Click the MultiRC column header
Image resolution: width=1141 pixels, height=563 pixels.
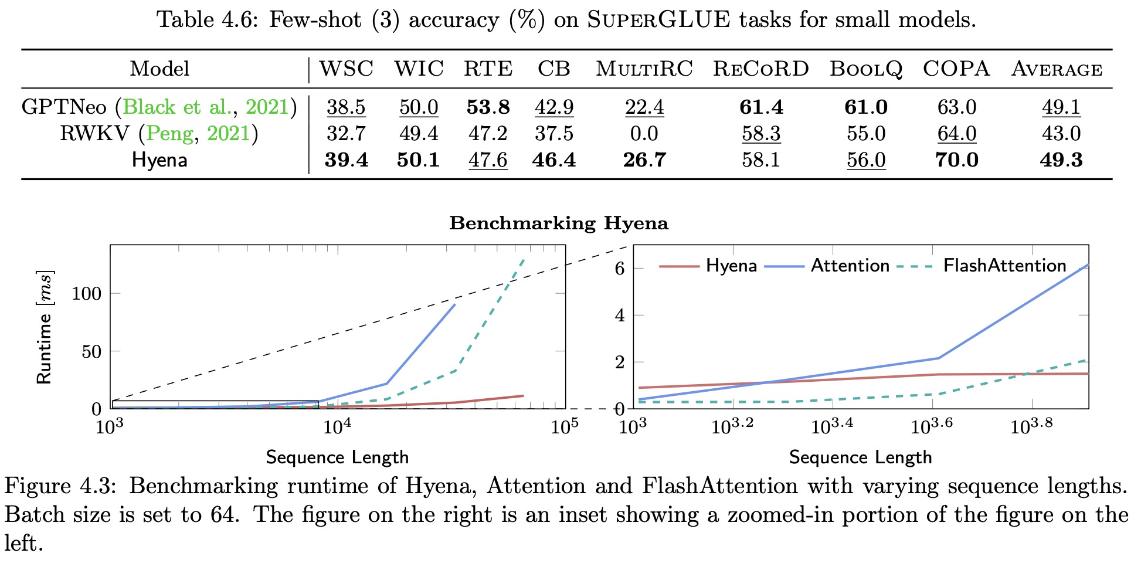(644, 69)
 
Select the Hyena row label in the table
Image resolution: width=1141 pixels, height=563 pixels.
(159, 160)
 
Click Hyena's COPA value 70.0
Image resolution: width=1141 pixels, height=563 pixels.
(956, 160)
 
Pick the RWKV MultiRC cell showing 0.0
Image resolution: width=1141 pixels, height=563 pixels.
(644, 134)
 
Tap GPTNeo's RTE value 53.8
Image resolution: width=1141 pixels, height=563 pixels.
(488, 107)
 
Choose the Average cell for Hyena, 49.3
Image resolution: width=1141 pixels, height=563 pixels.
(1061, 160)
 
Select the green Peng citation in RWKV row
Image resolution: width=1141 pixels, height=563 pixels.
(169, 134)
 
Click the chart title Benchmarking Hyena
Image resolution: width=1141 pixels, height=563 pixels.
(558, 223)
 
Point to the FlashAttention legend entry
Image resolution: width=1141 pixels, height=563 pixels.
(1004, 266)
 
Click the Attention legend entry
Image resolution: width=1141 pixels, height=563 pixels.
(850, 266)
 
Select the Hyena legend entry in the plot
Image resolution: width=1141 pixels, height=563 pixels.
(731, 266)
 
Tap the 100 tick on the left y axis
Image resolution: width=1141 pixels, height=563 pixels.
(86, 293)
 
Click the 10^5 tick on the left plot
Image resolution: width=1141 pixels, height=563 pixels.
(564, 426)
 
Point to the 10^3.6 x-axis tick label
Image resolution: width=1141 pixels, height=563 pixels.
(931, 426)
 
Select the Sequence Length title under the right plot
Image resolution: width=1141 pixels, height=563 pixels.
(860, 457)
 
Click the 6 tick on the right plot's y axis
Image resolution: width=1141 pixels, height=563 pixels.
(619, 269)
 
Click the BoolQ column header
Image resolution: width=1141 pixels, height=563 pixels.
(865, 69)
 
